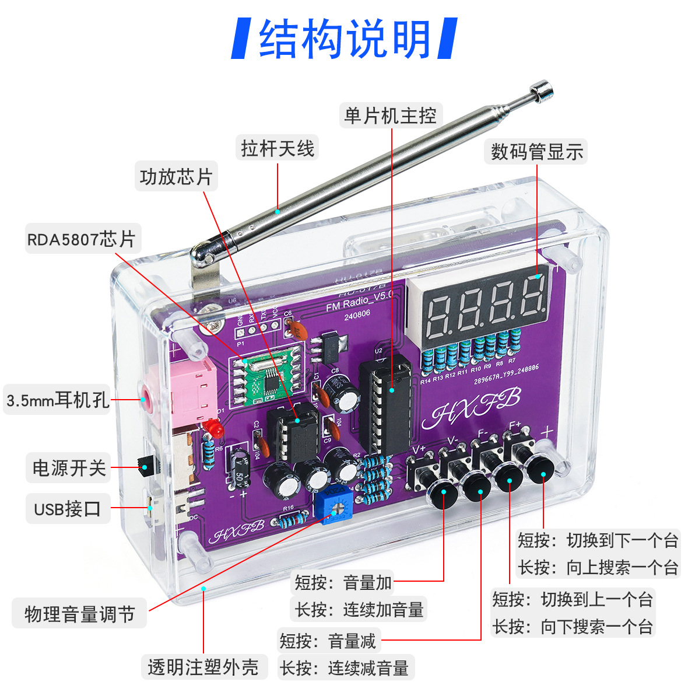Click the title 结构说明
click(344, 39)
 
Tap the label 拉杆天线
click(278, 149)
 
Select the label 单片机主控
click(390, 116)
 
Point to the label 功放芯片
click(176, 176)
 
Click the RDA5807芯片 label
click(81, 239)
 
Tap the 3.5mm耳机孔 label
click(57, 400)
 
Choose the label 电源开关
click(69, 467)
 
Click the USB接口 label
click(67, 509)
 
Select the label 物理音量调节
click(79, 614)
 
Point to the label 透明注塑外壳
click(203, 667)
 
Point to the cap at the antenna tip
click(542, 90)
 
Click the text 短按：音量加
click(343, 582)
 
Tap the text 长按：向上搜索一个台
click(598, 567)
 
